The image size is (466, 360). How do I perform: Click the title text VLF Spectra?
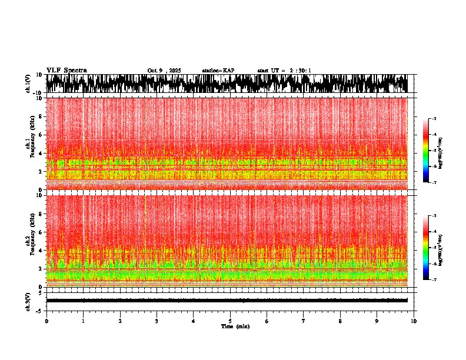pos(66,70)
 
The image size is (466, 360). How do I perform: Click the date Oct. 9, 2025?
pos(164,71)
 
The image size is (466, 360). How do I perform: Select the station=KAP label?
pos(218,71)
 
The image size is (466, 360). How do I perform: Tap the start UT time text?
pos(284,71)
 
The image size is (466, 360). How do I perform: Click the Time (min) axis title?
pos(235,326)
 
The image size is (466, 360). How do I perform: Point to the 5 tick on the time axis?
pos(230,321)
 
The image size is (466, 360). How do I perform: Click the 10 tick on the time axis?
pos(414,321)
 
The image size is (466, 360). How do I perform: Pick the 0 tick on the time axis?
pos(46,321)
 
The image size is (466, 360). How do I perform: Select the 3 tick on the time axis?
pos(157,321)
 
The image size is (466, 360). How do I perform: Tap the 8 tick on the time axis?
pos(341,321)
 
